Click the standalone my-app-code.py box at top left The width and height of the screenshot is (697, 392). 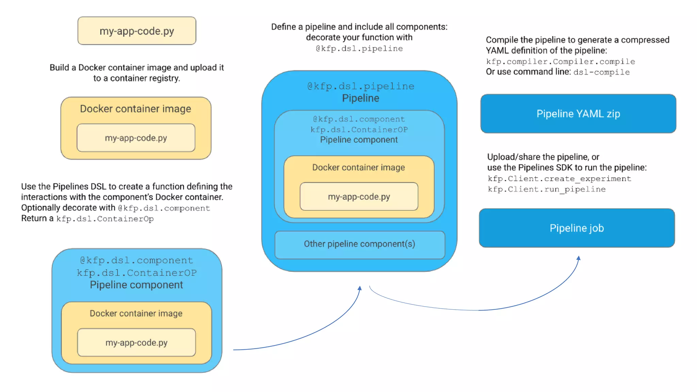[136, 31]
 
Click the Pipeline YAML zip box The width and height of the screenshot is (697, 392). [578, 114]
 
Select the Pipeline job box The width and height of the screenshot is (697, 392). [577, 228]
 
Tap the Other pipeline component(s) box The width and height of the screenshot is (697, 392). [359, 244]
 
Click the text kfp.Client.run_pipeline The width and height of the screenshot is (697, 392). [547, 190]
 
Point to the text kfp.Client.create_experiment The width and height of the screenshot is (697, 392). [559, 179]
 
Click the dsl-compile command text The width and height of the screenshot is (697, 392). [601, 72]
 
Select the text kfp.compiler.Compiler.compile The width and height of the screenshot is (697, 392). [560, 62]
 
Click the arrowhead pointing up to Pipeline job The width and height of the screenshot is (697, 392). [578, 258]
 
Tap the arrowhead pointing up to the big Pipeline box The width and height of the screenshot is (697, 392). [360, 288]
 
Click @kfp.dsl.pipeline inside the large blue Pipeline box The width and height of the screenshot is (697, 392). [361, 86]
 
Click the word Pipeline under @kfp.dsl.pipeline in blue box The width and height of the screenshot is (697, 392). [360, 98]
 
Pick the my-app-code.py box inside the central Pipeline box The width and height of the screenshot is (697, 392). [359, 197]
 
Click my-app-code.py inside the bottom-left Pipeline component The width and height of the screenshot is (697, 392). [136, 343]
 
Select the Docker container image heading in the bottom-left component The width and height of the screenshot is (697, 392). [136, 313]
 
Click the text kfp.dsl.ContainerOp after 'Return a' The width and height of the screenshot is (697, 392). [105, 219]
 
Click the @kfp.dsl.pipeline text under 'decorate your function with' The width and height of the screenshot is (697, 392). [359, 49]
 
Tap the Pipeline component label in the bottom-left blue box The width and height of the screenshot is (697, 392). [136, 285]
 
